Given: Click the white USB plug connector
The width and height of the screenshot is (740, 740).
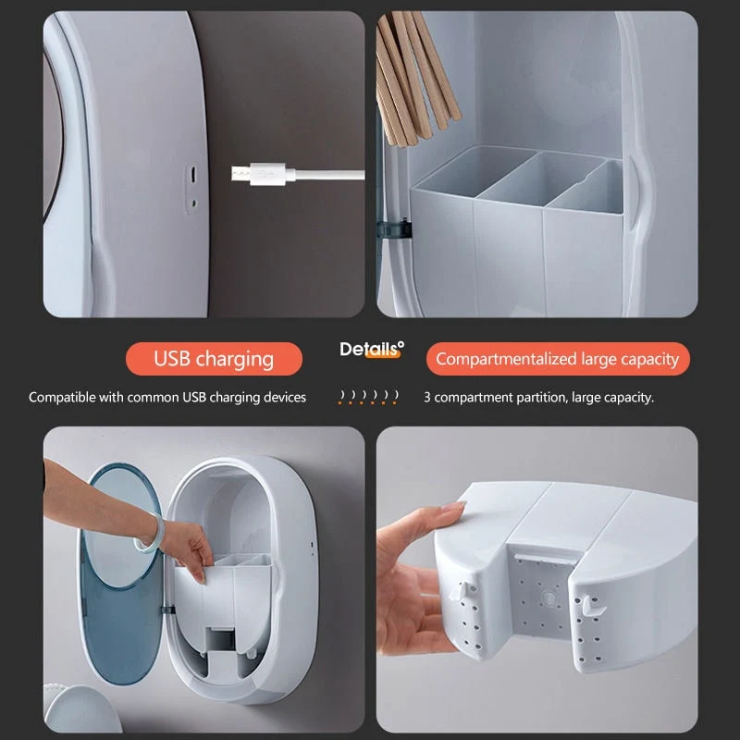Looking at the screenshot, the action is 259,174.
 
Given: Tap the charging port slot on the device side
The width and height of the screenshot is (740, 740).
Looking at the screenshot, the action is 193,175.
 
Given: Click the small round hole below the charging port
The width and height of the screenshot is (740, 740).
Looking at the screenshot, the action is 193,203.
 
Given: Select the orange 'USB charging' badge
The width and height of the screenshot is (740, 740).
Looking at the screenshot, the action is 214,359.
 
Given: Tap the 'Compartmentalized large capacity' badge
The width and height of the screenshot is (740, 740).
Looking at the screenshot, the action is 558,359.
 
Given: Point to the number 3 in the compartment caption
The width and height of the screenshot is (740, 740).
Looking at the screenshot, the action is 426,398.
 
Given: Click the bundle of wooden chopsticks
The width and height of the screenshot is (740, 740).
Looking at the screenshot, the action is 413,76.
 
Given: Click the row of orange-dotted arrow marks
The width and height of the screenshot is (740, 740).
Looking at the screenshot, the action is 368,397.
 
